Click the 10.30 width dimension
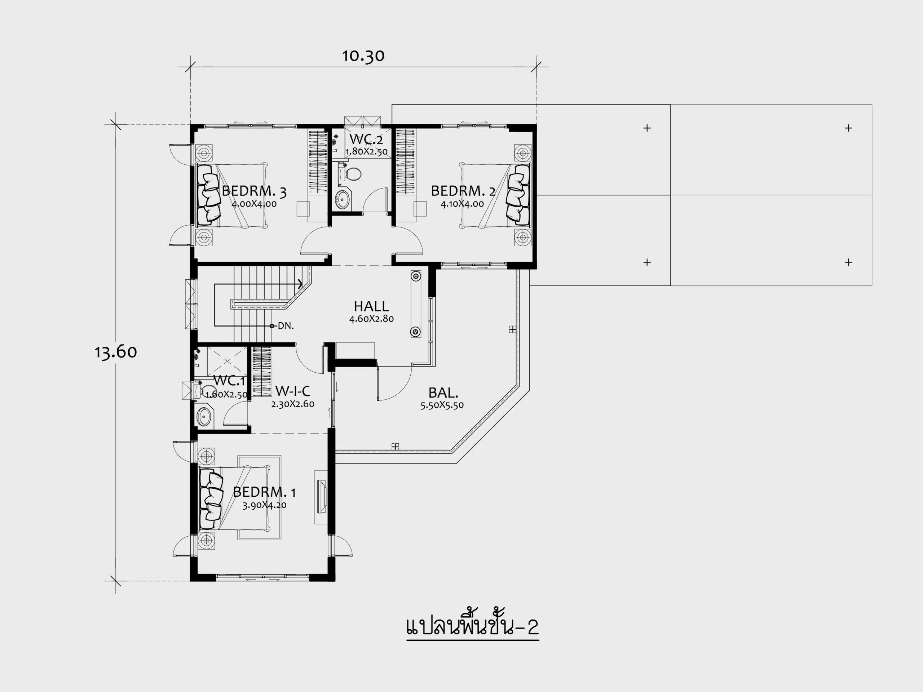click(x=363, y=56)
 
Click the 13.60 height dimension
click(x=116, y=352)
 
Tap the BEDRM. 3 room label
click(x=254, y=191)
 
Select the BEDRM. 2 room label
click(x=463, y=191)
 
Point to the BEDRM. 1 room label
click(x=265, y=492)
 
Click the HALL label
click(x=371, y=307)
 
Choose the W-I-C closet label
click(x=292, y=391)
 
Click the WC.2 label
click(x=366, y=139)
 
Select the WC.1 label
click(x=229, y=380)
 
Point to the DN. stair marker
click(x=286, y=326)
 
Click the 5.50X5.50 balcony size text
click(x=442, y=405)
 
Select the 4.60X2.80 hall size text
click(x=371, y=319)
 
